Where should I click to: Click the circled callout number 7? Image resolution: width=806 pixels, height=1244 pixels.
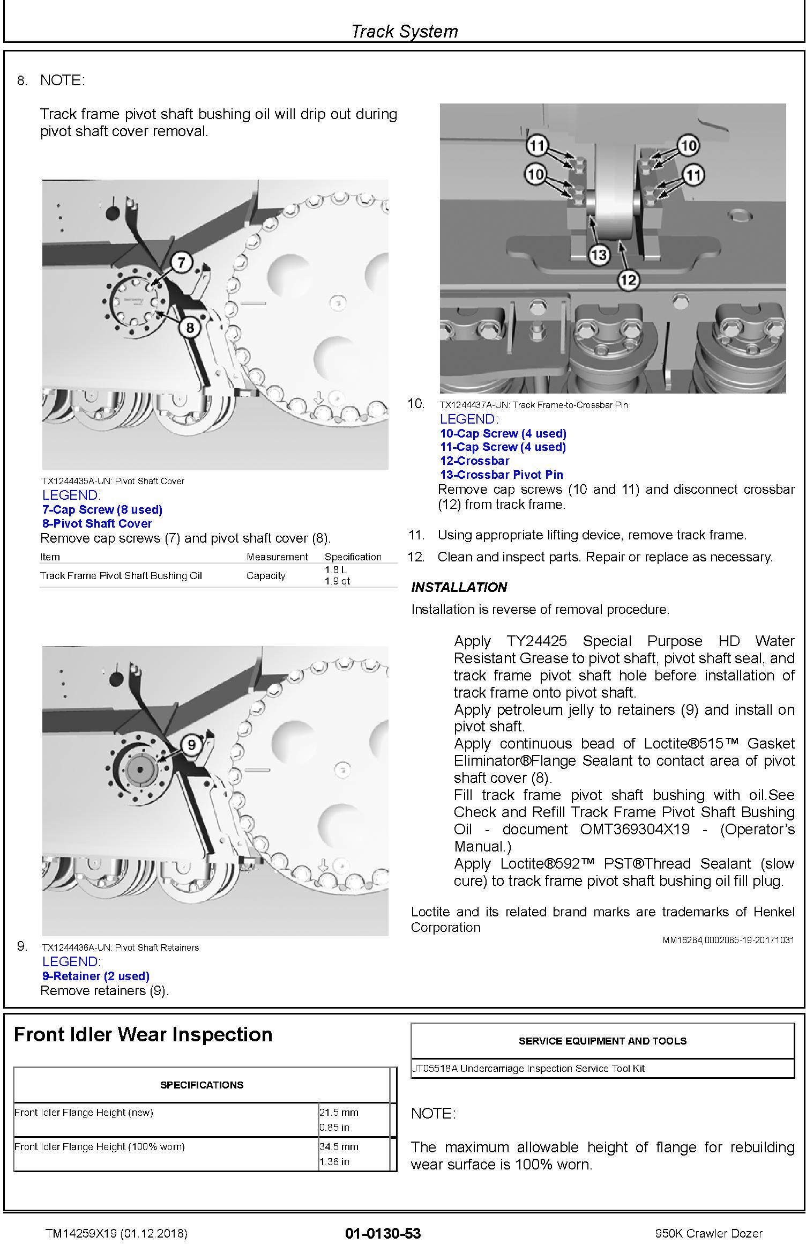(182, 263)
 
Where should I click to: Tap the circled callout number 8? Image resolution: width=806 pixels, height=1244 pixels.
(190, 327)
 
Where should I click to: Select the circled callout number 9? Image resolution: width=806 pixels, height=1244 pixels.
(191, 745)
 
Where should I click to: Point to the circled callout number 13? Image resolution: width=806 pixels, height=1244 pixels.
(599, 255)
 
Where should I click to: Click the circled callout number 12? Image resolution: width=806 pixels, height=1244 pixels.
(628, 279)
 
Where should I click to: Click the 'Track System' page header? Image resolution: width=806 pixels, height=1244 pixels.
(404, 31)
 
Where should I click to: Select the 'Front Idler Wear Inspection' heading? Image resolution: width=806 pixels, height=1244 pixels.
(143, 1034)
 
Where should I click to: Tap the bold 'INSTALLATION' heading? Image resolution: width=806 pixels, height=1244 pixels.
(459, 587)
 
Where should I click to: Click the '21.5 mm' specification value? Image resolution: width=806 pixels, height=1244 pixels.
(339, 1112)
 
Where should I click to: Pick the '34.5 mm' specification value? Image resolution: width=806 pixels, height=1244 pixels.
(339, 1146)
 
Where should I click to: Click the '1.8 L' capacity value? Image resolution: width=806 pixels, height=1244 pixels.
(335, 569)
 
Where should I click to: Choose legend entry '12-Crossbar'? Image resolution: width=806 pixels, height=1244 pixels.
(474, 461)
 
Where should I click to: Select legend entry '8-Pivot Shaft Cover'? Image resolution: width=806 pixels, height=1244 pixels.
(97, 523)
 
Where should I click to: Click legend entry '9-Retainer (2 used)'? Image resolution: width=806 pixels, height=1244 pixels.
(96, 976)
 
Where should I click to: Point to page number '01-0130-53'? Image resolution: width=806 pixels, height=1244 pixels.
(383, 1233)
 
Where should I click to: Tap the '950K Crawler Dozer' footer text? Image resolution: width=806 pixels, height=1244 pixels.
(708, 1233)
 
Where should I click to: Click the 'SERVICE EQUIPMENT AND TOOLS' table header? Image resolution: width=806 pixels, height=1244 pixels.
(602, 1041)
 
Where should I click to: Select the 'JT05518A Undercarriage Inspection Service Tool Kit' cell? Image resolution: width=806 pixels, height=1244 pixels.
(528, 1068)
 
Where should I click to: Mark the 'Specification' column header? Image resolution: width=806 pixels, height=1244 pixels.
(353, 557)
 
